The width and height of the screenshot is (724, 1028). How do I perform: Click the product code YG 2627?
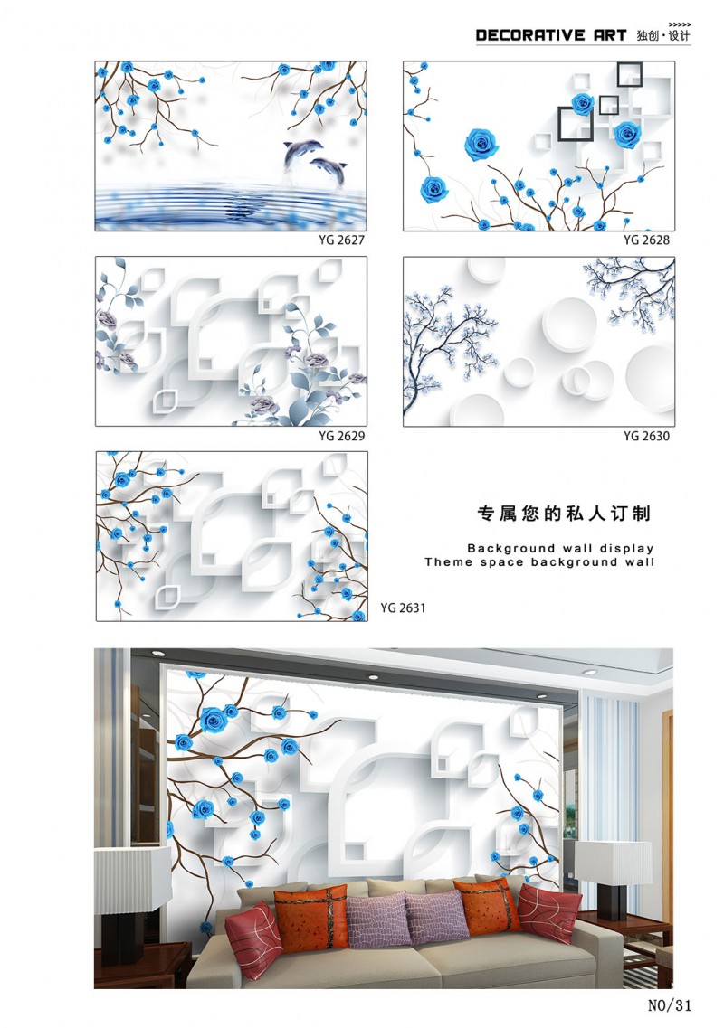[341, 240]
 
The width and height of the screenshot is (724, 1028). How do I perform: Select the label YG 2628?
[646, 240]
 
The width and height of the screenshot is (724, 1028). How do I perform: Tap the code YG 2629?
[341, 436]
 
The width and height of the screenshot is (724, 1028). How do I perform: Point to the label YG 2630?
[646, 436]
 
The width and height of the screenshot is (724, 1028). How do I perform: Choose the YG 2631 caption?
[403, 608]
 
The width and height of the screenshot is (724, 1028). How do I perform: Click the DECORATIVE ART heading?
[551, 35]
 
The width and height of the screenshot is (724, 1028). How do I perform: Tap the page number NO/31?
[670, 1005]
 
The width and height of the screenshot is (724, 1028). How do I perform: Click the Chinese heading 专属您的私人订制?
[564, 514]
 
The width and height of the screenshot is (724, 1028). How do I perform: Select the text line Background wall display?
[560, 548]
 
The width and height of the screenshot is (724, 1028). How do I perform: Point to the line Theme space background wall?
[538, 561]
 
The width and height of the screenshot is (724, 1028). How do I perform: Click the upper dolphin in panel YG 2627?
[300, 154]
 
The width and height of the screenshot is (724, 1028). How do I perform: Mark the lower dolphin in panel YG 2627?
[329, 171]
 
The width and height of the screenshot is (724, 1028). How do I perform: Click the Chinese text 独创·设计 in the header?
[663, 35]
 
